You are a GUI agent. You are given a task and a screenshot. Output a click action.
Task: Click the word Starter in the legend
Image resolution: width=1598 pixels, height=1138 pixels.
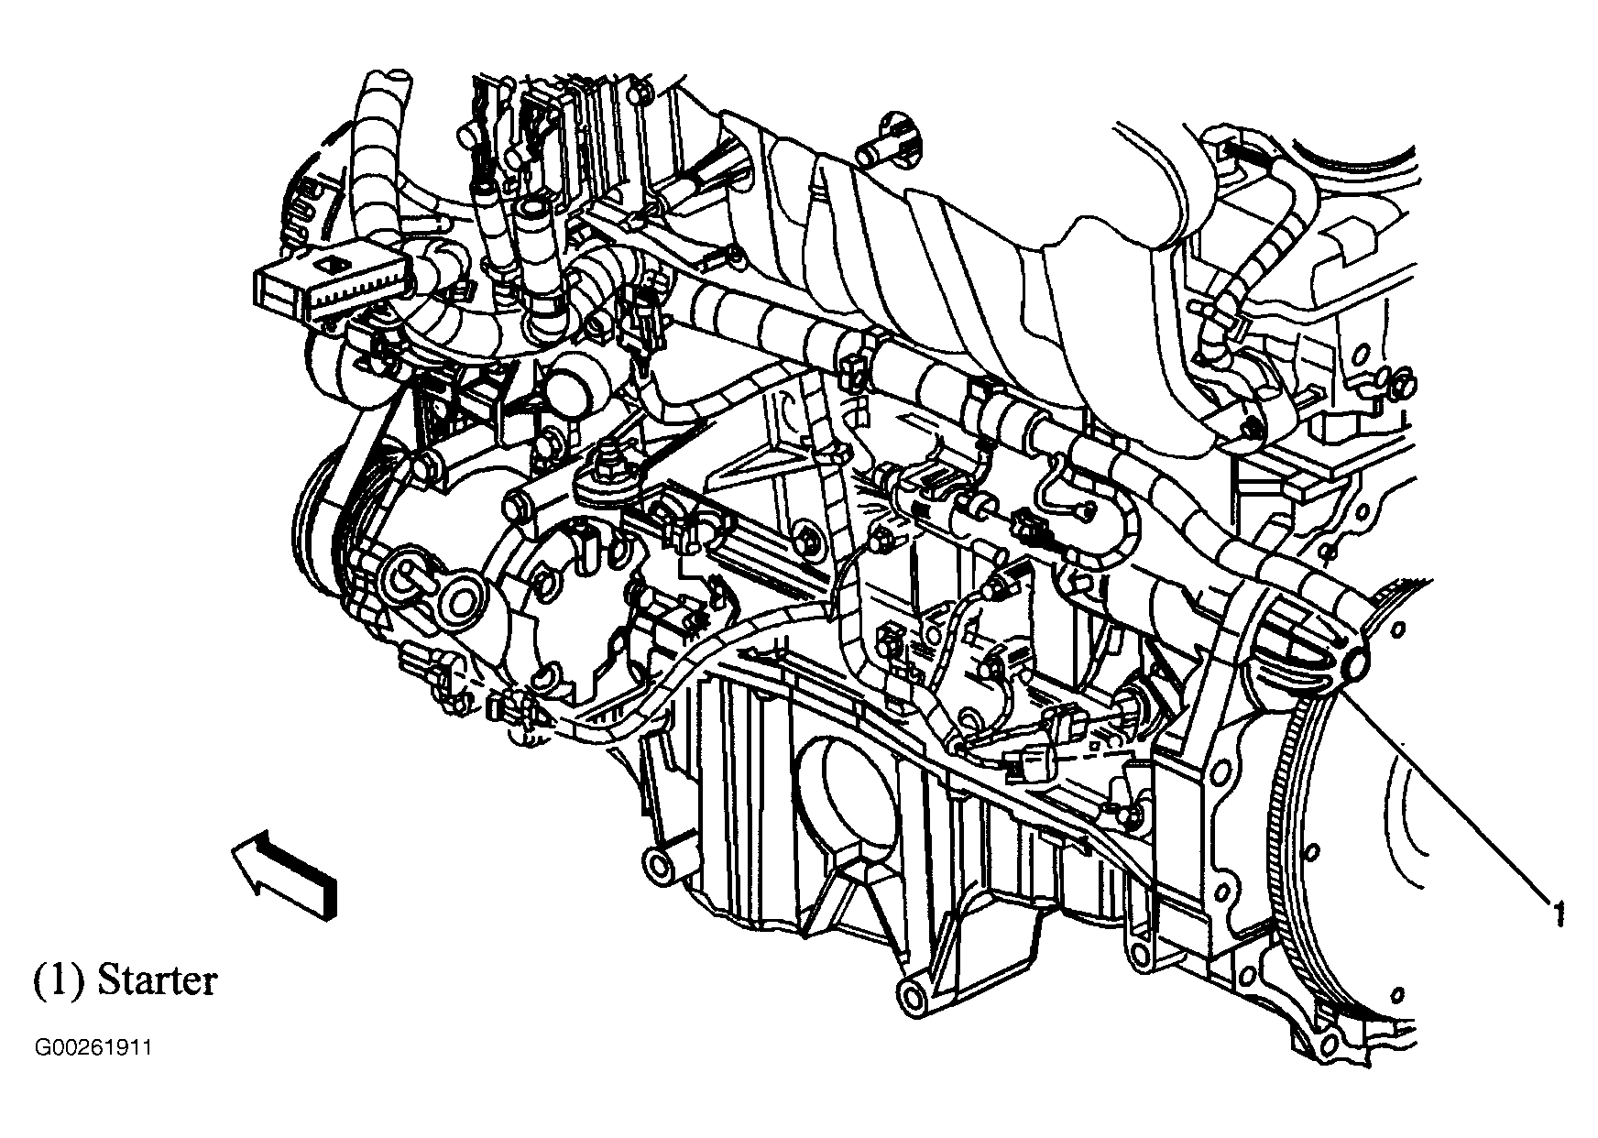(157, 979)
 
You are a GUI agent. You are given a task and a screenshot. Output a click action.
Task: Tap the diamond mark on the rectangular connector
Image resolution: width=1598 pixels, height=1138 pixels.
(328, 264)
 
